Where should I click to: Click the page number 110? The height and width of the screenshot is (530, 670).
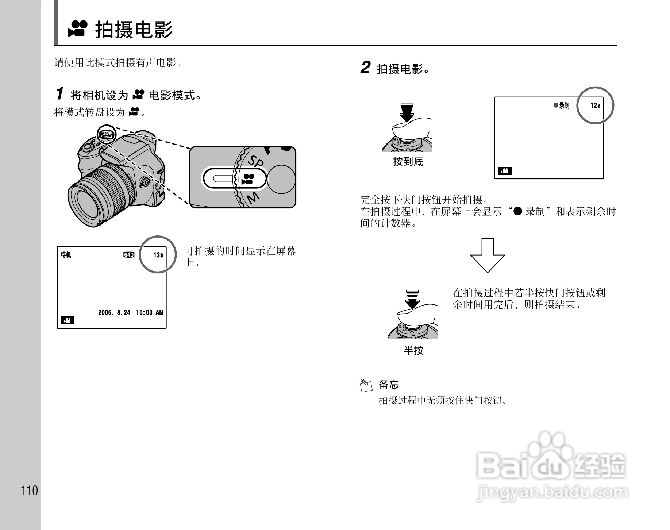[x=30, y=491]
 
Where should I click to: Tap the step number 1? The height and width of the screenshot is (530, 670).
[x=59, y=94]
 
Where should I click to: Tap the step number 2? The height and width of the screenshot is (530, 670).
[x=365, y=68]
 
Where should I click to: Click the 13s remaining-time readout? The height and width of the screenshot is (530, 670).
[x=158, y=255]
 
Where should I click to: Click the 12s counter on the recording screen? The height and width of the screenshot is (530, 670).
[x=595, y=105]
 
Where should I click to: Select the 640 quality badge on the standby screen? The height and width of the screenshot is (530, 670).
[x=129, y=255]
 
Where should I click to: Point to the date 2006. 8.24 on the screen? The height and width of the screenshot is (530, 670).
[x=114, y=312]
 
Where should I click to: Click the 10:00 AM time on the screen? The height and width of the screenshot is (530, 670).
[x=150, y=312]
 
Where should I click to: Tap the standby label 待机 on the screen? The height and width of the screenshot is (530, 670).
[x=66, y=255]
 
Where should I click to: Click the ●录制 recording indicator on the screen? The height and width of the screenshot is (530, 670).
[x=561, y=105]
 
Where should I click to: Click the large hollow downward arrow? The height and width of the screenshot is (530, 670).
[x=487, y=256]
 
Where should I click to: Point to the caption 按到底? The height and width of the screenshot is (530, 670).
[x=408, y=161]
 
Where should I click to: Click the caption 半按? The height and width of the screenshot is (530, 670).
[x=413, y=350]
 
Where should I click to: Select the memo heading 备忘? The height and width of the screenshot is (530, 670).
[x=389, y=384]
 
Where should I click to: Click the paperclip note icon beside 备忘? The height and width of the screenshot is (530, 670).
[x=366, y=385]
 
